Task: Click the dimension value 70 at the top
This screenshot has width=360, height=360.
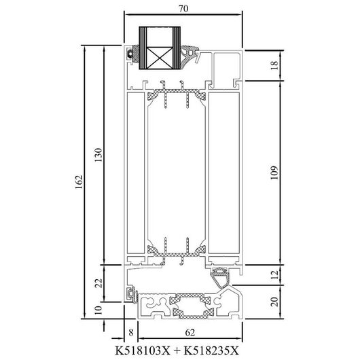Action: coord(183,9)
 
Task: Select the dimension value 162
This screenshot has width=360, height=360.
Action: coord(79,182)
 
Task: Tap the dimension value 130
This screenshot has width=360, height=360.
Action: coord(98,155)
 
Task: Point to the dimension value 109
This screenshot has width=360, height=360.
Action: coord(274,173)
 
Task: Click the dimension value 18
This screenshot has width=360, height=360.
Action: coord(274,65)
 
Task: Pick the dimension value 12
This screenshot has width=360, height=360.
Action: coord(274,274)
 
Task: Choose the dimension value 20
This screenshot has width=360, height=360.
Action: coord(274,302)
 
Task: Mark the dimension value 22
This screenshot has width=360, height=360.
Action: coord(98,283)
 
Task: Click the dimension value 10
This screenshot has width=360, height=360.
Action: coord(98,310)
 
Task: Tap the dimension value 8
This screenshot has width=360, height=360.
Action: coord(131,332)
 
